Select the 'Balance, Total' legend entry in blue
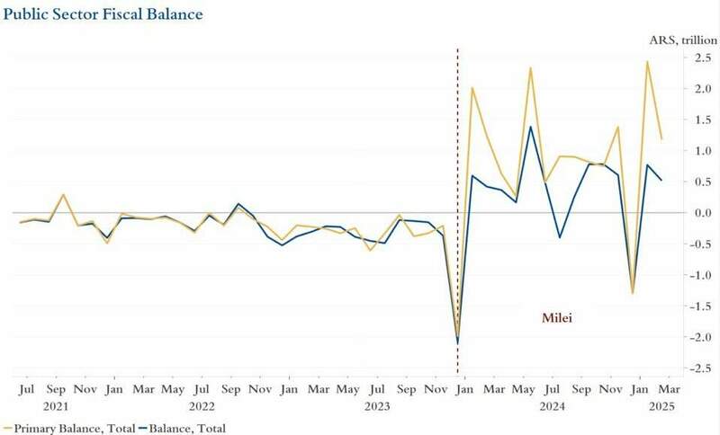click(184, 428)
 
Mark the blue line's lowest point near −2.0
click(458, 342)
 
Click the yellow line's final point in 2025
click(661, 139)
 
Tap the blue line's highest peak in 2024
click(530, 127)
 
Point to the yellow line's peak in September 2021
click(63, 194)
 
